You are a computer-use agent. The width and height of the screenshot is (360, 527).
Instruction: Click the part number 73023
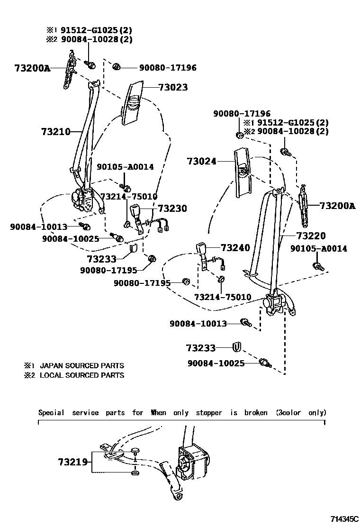coord(160,87)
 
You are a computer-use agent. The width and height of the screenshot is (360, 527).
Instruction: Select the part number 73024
coord(201,161)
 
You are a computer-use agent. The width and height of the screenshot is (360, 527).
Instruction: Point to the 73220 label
coord(312,235)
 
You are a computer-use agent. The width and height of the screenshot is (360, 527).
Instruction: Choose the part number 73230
coord(172,209)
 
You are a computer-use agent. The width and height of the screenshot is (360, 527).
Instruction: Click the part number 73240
coord(236,248)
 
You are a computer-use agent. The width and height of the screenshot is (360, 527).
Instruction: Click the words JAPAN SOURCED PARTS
coord(82,365)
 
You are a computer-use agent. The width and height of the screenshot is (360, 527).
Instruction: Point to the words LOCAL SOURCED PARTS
coord(82,375)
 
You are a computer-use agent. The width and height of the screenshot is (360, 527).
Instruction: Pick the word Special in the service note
coord(51,412)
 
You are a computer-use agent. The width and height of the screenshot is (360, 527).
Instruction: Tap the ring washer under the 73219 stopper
coord(135,472)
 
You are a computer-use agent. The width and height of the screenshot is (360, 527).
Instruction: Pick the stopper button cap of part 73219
coord(135,450)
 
